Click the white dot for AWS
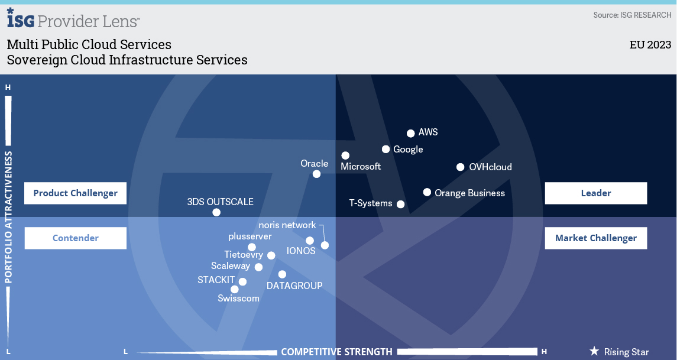pyautogui.click(x=410, y=134)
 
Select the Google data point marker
pyautogui.click(x=386, y=150)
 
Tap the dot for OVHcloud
pyautogui.click(x=460, y=167)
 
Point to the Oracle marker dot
pyautogui.click(x=316, y=174)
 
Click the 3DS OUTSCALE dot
pyautogui.click(x=216, y=212)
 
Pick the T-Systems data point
pyautogui.click(x=401, y=204)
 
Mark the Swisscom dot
pyautogui.click(x=235, y=289)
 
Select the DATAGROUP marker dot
pyautogui.click(x=282, y=274)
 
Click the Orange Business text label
pyautogui.click(x=469, y=193)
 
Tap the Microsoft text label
pyautogui.click(x=361, y=167)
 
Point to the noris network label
pyautogui.click(x=287, y=225)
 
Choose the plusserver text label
pyautogui.click(x=250, y=236)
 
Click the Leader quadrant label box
pyautogui.click(x=596, y=193)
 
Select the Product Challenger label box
pyautogui.click(x=76, y=193)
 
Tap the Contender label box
pyautogui.click(x=76, y=238)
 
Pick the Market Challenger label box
pyautogui.click(x=596, y=238)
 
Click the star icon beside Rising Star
pyautogui.click(x=594, y=351)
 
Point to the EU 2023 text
pyautogui.click(x=650, y=44)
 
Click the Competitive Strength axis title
pyautogui.click(x=337, y=352)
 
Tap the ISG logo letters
pyautogui.click(x=20, y=18)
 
